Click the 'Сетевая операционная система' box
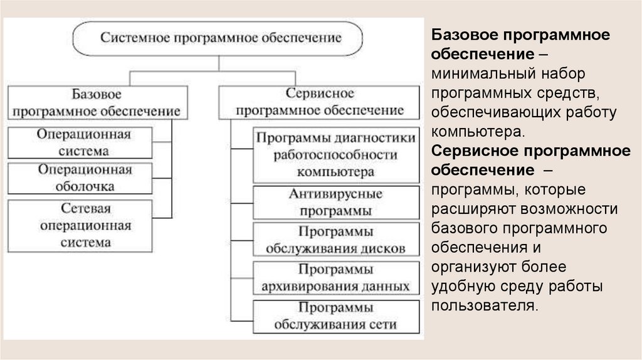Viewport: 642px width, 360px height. click(x=80, y=225)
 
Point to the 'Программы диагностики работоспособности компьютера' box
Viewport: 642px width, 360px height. click(x=335, y=154)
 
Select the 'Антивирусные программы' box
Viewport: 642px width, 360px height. click(x=335, y=202)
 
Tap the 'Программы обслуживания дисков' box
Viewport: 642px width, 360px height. click(x=335, y=240)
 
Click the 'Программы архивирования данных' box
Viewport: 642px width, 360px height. click(x=335, y=278)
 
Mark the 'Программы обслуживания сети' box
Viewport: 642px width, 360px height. click(x=335, y=316)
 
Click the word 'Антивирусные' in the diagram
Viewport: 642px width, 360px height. click(x=336, y=194)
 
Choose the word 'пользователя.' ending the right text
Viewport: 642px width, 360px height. click(x=483, y=306)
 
